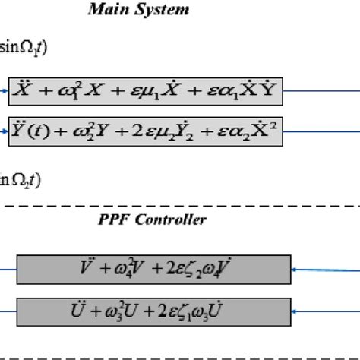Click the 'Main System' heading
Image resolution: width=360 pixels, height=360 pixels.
pyautogui.click(x=138, y=10)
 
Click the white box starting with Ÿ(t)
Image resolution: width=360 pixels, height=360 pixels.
pyautogui.click(x=146, y=131)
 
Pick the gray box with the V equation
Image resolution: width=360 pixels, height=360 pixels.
pyautogui.click(x=154, y=268)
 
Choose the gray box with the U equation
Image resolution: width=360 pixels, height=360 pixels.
pyautogui.click(x=154, y=310)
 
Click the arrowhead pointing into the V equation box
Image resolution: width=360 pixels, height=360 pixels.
pyautogui.click(x=296, y=269)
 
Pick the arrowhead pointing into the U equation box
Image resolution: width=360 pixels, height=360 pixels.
pyautogui.click(x=296, y=311)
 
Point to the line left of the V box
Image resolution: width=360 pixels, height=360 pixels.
pyautogui.click(x=8, y=269)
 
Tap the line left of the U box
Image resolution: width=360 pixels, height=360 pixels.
pyautogui.click(x=8, y=311)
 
